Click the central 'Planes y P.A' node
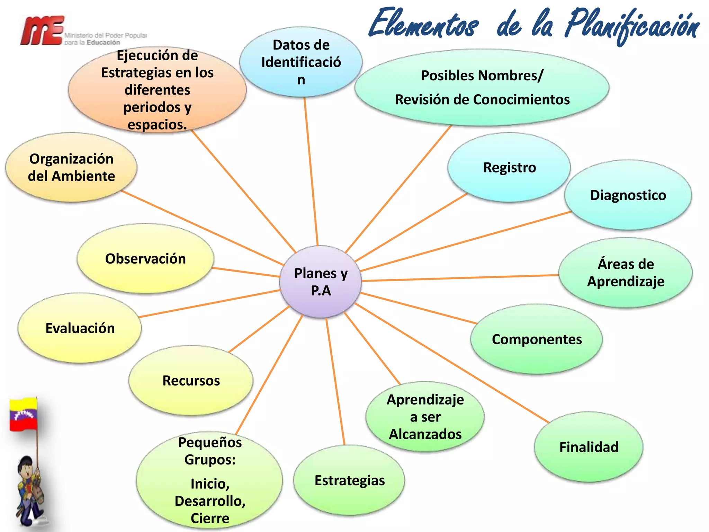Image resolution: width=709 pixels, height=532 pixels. [321, 282]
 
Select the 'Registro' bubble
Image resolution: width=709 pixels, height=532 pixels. [509, 168]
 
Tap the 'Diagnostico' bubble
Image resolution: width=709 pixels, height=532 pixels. [628, 195]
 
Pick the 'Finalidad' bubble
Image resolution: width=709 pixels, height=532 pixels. [589, 447]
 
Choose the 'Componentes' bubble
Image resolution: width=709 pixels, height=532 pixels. [536, 339]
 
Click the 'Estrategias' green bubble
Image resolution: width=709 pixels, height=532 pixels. [349, 480]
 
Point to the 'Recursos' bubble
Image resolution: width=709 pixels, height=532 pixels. [191, 381]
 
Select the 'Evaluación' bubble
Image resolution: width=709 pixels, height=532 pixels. [80, 328]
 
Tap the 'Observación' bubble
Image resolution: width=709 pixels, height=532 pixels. [145, 259]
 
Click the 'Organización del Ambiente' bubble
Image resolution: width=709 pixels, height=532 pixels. [71, 168]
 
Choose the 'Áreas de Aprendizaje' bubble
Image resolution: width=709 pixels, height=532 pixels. [626, 273]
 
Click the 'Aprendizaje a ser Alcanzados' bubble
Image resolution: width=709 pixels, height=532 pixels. [425, 417]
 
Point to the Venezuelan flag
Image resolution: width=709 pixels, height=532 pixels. [24, 415]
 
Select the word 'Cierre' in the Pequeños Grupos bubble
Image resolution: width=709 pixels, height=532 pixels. [210, 518]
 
